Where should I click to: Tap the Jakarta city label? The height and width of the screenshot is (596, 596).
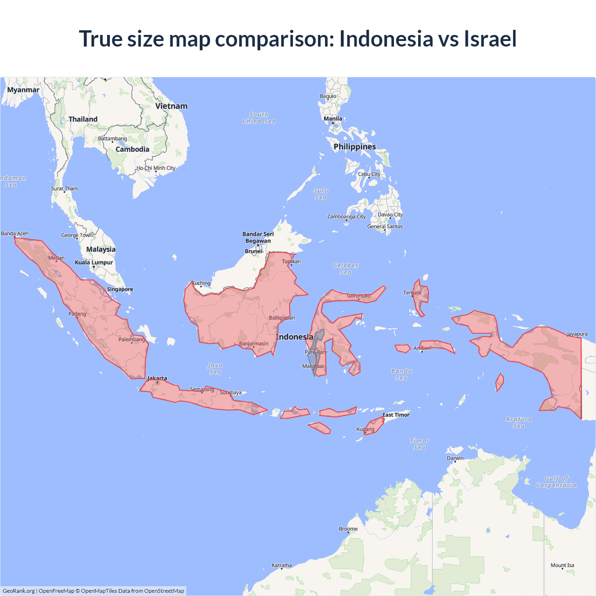pyautogui.click(x=157, y=378)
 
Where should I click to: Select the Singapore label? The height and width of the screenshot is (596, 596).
pyautogui.click(x=120, y=289)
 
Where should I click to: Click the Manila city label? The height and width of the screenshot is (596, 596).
pyautogui.click(x=333, y=119)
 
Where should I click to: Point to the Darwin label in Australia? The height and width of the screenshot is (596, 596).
pyautogui.click(x=455, y=458)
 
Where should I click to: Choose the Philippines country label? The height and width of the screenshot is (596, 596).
pyautogui.click(x=354, y=147)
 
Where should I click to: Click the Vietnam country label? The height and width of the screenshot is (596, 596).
pyautogui.click(x=171, y=106)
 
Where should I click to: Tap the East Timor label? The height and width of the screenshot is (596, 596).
pyautogui.click(x=396, y=415)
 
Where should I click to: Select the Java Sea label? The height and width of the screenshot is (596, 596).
pyautogui.click(x=215, y=369)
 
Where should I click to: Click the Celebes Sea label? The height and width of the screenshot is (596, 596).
pyautogui.click(x=345, y=269)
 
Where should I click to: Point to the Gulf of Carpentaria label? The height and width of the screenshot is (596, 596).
pyautogui.click(x=556, y=482)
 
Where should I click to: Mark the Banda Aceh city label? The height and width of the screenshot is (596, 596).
pyautogui.click(x=15, y=234)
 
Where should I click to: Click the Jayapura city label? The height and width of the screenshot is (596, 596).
pyautogui.click(x=577, y=334)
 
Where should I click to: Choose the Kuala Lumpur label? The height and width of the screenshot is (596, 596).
pyautogui.click(x=94, y=263)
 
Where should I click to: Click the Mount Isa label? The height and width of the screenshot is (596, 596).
pyautogui.click(x=562, y=565)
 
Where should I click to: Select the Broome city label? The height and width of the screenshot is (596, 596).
pyautogui.click(x=348, y=529)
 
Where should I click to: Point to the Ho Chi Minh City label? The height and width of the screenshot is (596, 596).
pyautogui.click(x=156, y=168)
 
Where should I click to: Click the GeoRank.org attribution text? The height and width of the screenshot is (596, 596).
pyautogui.click(x=19, y=591)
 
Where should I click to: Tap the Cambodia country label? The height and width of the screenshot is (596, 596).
pyautogui.click(x=132, y=149)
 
